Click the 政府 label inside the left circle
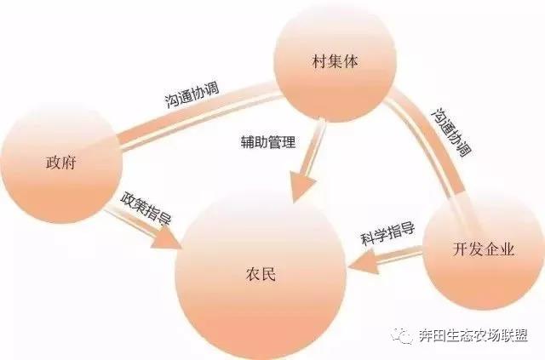[60, 163]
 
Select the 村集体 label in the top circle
[335, 62]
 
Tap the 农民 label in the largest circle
[261, 274]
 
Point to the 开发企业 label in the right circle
[483, 249]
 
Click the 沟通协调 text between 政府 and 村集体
[192, 94]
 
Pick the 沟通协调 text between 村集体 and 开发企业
[451, 133]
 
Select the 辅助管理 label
[268, 142]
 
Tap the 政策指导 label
[146, 209]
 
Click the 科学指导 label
[387, 234]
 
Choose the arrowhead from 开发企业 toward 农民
[364, 263]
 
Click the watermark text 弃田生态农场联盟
[473, 335]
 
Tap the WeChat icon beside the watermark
[402, 335]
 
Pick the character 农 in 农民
[253, 274]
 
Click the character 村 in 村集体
[320, 62]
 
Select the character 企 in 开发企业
[490, 249]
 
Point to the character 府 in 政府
[68, 163]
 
